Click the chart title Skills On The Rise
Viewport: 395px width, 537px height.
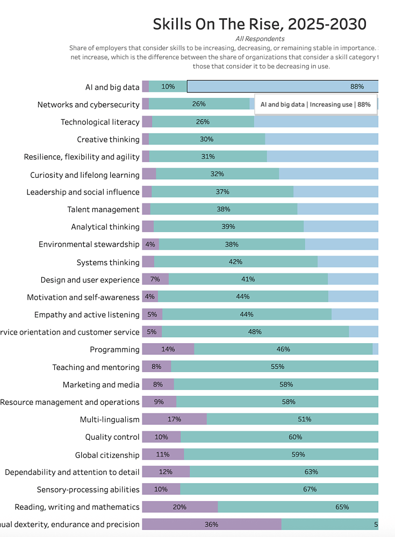coord(260,24)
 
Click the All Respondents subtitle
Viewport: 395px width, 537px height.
coord(260,39)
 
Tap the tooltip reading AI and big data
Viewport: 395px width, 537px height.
coord(315,104)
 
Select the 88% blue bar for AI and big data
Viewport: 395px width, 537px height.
coord(282,86)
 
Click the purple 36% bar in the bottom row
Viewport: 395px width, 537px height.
coord(211,525)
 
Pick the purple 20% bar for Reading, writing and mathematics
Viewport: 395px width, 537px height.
coord(179,507)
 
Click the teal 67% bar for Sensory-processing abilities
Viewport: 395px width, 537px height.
coord(279,489)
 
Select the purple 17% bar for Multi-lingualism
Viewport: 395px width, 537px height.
coord(174,419)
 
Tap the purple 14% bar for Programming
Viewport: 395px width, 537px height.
coord(168,349)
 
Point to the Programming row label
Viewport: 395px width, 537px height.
coord(114,350)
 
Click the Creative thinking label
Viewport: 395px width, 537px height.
coord(108,140)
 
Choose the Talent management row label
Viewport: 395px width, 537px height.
coord(103,209)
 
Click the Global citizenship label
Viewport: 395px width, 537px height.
coord(107,455)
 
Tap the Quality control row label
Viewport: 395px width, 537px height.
coord(112,437)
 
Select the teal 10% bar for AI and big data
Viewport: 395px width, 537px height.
coord(168,86)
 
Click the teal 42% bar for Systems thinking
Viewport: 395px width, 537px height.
coord(235,262)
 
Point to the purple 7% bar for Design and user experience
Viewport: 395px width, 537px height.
coord(155,279)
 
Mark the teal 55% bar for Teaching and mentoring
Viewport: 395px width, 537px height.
coord(275,367)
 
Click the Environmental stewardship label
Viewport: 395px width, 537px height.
coord(89,244)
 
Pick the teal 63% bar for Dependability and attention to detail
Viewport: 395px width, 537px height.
coord(284,472)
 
